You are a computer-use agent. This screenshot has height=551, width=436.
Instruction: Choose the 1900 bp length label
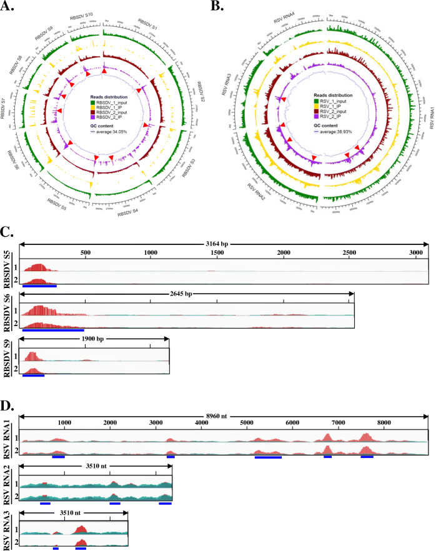click(x=94, y=339)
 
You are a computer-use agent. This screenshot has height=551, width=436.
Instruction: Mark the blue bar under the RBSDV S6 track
click(x=53, y=329)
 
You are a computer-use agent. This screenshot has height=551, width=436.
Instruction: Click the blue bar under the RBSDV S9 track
click(x=33, y=376)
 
